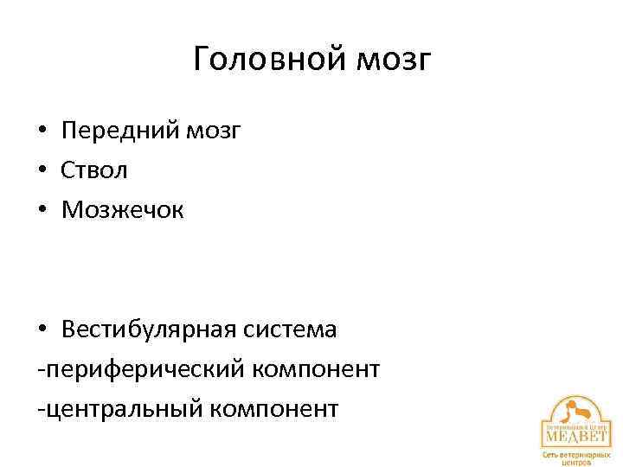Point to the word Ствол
[94, 170]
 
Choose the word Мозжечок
[123, 210]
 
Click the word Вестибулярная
[149, 329]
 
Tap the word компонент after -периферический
[317, 369]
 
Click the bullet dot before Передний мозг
[42, 131]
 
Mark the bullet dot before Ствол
[42, 171]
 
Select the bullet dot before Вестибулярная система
[42, 330]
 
